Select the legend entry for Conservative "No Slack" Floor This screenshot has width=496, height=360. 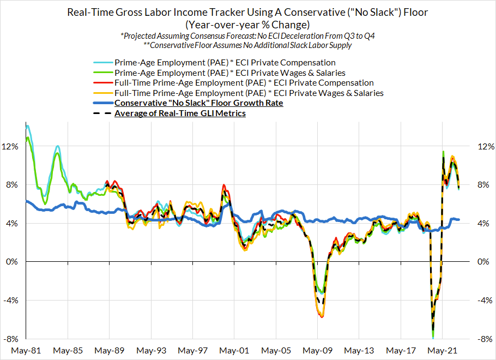[198, 103]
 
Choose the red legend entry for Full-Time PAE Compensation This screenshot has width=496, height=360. [244, 83]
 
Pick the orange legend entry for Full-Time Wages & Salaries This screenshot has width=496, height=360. [249, 93]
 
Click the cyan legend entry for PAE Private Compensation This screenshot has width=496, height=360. [225, 63]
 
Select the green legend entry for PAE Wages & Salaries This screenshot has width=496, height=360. [229, 73]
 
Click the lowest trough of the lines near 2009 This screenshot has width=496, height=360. [322, 316]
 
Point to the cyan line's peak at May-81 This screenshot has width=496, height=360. [27, 126]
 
